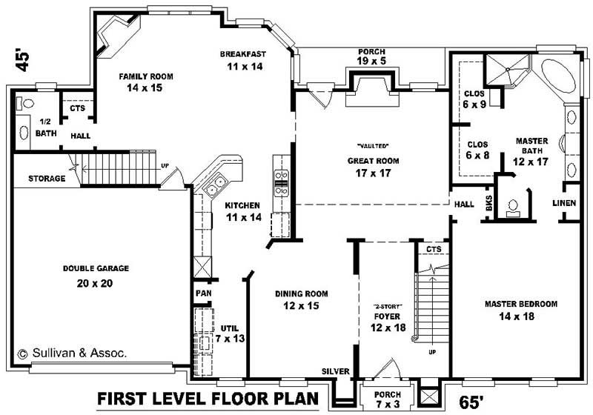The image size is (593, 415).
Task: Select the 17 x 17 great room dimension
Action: click(373, 173)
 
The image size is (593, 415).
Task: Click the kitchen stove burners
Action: click(282, 182)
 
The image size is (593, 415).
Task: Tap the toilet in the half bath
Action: click(27, 104)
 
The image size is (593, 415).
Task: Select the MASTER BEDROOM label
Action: click(521, 304)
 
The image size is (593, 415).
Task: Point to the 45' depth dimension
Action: click(24, 60)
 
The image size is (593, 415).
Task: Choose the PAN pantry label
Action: click(203, 293)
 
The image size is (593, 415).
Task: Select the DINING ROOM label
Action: click(301, 293)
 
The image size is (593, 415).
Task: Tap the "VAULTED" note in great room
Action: click(373, 145)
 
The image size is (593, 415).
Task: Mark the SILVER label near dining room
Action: click(335, 371)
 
